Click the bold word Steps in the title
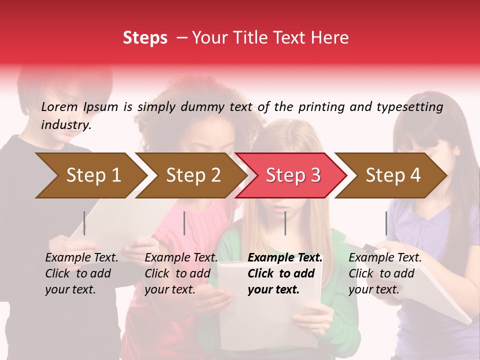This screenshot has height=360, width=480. tap(145, 38)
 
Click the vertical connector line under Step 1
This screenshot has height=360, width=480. tap(84, 223)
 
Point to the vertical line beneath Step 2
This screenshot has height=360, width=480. tap(184, 223)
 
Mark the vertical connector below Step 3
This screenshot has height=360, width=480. tap(285, 223)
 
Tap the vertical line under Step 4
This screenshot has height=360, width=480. tap(386, 223)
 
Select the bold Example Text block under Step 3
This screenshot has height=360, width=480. tap(285, 273)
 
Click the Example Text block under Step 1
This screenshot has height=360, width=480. tap(81, 273)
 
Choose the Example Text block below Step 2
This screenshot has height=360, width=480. tap(181, 273)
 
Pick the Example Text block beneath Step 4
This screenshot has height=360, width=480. tap(385, 273)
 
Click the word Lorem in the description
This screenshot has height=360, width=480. tap(59, 106)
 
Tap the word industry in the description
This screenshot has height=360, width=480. tap(66, 125)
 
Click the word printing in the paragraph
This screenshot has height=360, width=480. tap(321, 106)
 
